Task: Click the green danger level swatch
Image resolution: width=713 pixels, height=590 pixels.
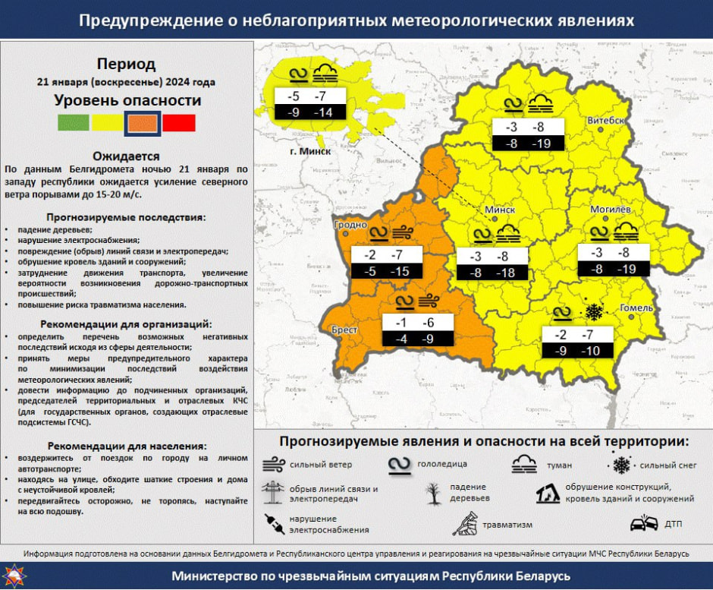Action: click(74, 123)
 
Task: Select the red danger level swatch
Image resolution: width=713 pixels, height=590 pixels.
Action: click(179, 123)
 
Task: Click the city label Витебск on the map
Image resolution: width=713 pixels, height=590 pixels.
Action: click(605, 121)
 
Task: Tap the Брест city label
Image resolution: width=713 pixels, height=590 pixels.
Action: click(345, 330)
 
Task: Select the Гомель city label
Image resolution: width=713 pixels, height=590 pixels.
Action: click(636, 308)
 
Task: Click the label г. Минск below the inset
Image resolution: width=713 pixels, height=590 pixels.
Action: click(308, 151)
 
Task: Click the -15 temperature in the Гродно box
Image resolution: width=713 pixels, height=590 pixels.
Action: click(399, 272)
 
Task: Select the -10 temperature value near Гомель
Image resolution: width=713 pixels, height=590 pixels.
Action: click(589, 351)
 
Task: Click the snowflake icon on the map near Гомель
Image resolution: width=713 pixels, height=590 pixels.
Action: click(592, 312)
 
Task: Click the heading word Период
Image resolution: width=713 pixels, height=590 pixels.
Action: click(127, 64)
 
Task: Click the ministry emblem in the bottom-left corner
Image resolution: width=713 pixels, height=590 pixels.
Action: click(13, 576)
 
